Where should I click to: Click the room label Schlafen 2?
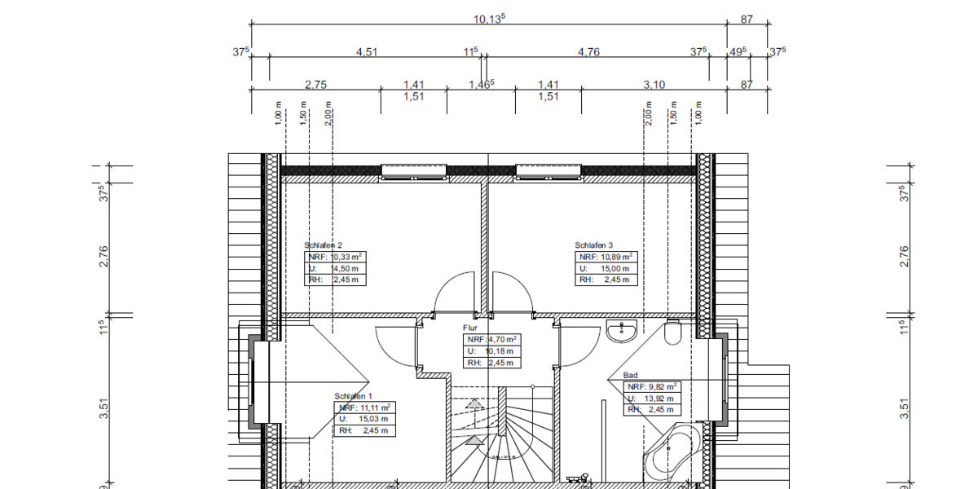tap(323, 244)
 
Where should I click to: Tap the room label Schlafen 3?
tap(593, 244)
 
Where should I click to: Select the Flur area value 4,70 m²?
tap(502, 339)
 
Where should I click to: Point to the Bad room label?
tap(630, 376)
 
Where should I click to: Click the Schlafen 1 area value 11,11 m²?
tap(372, 407)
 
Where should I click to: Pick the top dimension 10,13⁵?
tap(489, 18)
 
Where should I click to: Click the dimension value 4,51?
tap(367, 52)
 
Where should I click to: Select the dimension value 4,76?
tap(588, 52)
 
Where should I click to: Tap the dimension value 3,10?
tap(654, 84)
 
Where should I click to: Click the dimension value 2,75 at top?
tap(315, 84)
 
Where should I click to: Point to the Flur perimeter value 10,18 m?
tap(499, 350)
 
